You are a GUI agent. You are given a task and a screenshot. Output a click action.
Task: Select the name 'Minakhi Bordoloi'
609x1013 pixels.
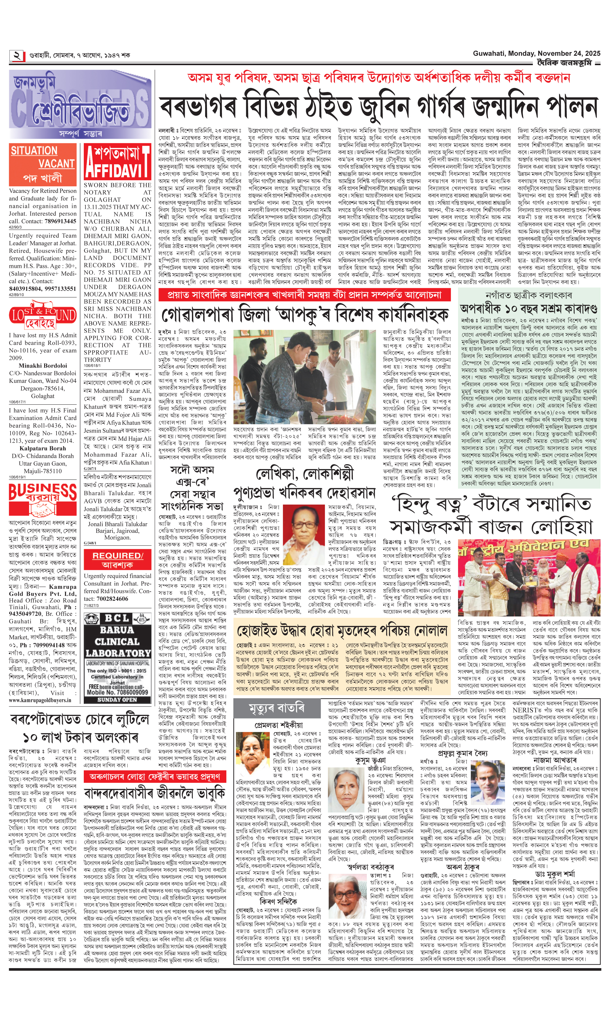point(43,365)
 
